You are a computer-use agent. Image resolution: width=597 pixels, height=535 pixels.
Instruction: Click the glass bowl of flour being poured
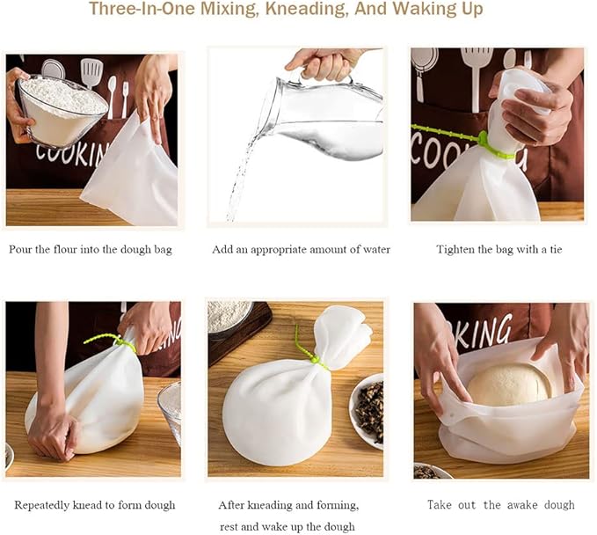[x=61, y=111]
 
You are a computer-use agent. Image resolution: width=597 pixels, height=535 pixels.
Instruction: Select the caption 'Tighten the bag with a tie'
[x=499, y=250]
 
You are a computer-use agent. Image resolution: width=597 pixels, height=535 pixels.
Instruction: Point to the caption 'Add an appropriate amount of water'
[x=301, y=250]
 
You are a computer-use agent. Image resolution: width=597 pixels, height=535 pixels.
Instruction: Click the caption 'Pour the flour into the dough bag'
[x=91, y=250]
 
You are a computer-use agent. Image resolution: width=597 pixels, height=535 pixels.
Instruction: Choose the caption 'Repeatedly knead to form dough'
[x=95, y=505]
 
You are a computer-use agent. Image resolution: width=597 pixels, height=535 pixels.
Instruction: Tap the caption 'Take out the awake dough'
[x=500, y=505]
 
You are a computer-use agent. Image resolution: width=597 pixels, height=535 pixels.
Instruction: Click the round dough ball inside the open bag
[x=508, y=385]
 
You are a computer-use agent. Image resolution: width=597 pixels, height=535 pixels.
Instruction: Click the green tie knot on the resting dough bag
[x=315, y=359]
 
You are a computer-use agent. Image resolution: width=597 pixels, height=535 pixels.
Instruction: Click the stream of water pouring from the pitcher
[x=241, y=172]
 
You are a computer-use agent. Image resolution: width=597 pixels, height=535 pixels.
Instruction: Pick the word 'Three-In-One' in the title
[x=142, y=9]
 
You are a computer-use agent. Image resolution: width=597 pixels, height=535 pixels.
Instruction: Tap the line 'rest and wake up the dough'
[x=288, y=527]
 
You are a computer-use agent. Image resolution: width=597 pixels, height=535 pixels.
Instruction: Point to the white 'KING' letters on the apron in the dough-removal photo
[x=484, y=333]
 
